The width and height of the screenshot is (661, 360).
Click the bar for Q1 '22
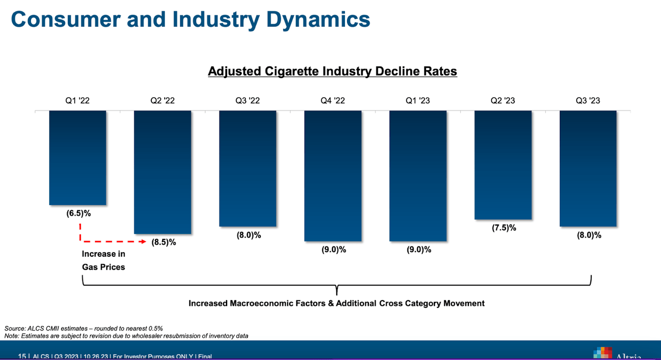tap(77, 158)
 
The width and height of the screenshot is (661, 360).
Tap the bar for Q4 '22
tap(333, 176)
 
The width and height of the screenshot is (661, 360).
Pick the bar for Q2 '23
tap(503, 165)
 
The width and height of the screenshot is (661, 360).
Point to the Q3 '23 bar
tap(588, 168)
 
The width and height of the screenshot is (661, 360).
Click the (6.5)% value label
tap(78, 213)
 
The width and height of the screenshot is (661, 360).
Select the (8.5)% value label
tap(164, 242)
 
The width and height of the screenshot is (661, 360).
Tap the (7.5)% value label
tap(503, 228)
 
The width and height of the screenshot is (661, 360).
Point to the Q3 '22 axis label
tap(247, 101)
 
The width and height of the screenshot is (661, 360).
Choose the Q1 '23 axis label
tap(418, 101)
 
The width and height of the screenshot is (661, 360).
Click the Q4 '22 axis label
tap(333, 101)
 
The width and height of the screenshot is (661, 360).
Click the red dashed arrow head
tap(144, 241)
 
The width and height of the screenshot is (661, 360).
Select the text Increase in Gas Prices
tap(103, 260)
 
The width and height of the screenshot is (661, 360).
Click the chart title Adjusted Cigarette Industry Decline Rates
tap(333, 71)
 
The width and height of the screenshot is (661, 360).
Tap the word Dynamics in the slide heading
tap(309, 20)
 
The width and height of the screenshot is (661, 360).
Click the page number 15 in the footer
tap(22, 356)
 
